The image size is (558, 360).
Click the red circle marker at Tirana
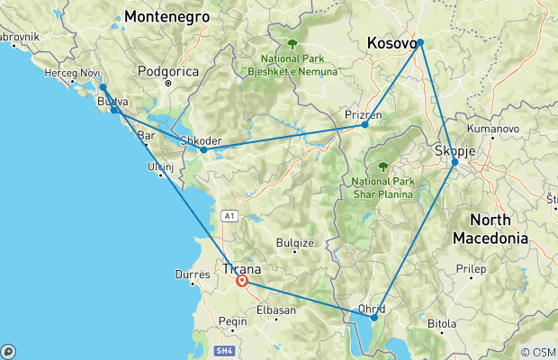point(242,281)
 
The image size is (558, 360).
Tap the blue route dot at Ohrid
point(374,317)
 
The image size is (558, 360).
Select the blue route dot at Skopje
point(454,162)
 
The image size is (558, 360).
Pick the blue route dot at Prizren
point(364,124)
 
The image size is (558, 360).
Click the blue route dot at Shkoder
point(203,149)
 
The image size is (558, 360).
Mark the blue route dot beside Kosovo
point(419,42)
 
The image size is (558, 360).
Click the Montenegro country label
point(167,17)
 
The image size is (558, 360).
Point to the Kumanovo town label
point(491,130)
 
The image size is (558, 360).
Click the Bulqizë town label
point(298,242)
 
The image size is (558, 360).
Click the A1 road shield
point(229,216)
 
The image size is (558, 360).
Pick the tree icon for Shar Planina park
point(383,166)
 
